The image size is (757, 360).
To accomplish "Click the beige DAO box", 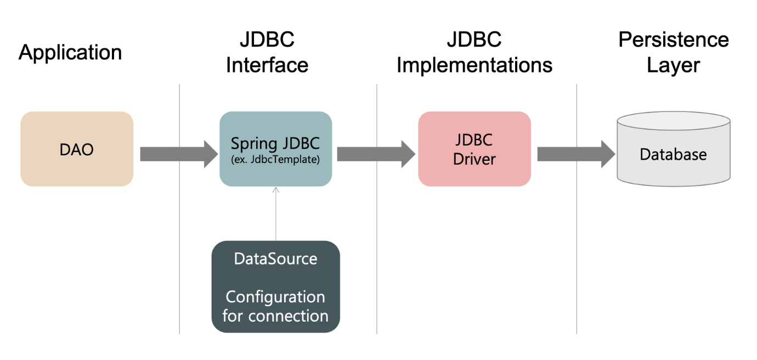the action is pos(77,149).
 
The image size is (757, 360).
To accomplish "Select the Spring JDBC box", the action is pos(276,149).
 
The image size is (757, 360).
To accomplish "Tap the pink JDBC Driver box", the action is pos(474,149).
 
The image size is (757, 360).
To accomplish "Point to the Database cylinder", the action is pos(674,149).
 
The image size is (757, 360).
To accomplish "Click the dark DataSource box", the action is pos(276,286).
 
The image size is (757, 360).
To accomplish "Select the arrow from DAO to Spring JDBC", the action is pos(179,154).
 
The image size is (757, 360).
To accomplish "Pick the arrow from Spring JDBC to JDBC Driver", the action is pos(376,154).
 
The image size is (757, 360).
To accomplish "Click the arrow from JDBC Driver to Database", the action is pos(576,154).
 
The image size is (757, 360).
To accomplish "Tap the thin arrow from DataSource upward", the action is pos(276,213).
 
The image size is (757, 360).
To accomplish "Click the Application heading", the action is pos(70,52).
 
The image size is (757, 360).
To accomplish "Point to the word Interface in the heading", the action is pos(267,65).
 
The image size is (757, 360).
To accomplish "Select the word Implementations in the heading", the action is pos(474,65).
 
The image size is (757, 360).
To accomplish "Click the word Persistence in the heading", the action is pos(674,40).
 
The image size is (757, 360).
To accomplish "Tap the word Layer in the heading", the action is pos(673,65).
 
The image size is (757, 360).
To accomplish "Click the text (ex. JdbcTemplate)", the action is pos(275,159).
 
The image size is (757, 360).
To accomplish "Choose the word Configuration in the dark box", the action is pos(275,297).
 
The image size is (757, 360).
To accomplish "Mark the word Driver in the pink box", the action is pos(474,159).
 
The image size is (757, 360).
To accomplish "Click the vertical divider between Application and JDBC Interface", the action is pos(179,209).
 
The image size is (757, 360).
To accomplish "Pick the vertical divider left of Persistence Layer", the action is pos(577,209).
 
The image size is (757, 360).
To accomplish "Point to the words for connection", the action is pos(275,316).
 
